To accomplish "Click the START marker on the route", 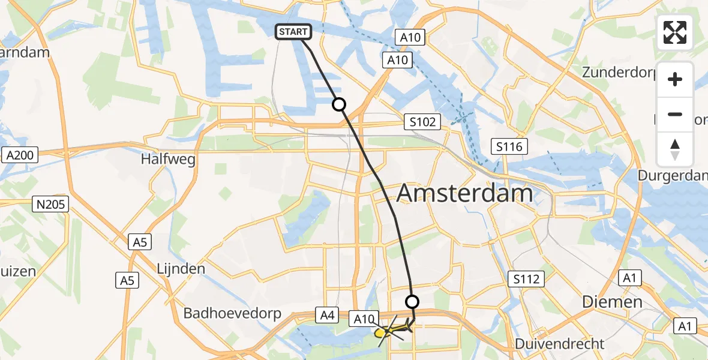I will pyautogui.click(x=293, y=32).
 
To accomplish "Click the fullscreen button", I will pyautogui.click(x=675, y=32).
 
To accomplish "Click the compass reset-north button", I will pyautogui.click(x=675, y=149).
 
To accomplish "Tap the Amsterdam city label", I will pyautogui.click(x=464, y=194).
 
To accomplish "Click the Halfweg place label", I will pyautogui.click(x=165, y=160).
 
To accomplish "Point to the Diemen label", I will pyautogui.click(x=612, y=302).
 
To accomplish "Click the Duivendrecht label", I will pyautogui.click(x=560, y=344).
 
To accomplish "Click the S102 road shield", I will pyautogui.click(x=422, y=122).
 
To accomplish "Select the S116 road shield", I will pyautogui.click(x=509, y=146).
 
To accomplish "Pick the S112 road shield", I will pyautogui.click(x=526, y=279).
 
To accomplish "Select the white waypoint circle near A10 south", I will pyautogui.click(x=412, y=301).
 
